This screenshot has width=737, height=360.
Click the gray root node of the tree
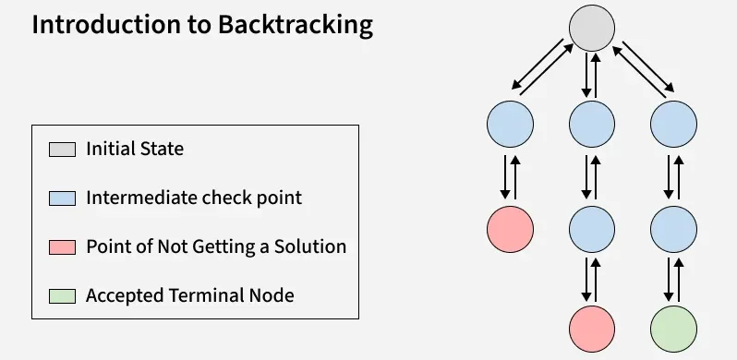pos(592,29)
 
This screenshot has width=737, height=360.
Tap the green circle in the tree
pos(673,329)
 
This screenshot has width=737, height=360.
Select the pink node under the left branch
pos(510,229)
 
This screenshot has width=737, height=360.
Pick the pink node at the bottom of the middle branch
pos(592,329)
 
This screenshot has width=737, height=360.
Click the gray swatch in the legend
pos(62,150)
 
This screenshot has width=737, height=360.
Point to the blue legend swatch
pos(62,198)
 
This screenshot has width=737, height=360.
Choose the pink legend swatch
pos(62,247)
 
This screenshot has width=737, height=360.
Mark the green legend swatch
pos(62,296)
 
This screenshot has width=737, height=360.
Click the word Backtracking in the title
pos(296,25)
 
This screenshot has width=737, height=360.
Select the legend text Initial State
pos(135,149)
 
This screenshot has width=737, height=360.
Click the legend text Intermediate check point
pos(194,198)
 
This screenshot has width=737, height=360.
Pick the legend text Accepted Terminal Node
pos(190,295)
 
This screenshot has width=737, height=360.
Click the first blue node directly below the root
pos(592,124)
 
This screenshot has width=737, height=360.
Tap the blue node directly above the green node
pos(673,229)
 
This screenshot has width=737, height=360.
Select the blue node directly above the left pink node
pos(510,124)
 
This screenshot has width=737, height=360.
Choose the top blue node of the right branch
pos(673,124)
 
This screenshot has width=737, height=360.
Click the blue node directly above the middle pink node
pos(592,229)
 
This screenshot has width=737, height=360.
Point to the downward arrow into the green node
pos(669,279)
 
